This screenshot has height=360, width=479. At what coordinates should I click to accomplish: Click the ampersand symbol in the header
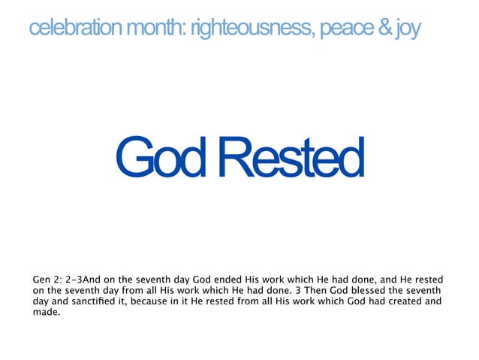[x=384, y=29]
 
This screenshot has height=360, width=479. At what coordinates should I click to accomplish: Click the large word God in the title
[x=158, y=158]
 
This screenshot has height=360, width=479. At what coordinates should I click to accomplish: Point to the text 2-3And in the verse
[x=89, y=280]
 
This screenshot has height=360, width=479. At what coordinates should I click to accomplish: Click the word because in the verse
[x=134, y=302]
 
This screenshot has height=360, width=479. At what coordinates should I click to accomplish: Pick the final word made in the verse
[x=47, y=313]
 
